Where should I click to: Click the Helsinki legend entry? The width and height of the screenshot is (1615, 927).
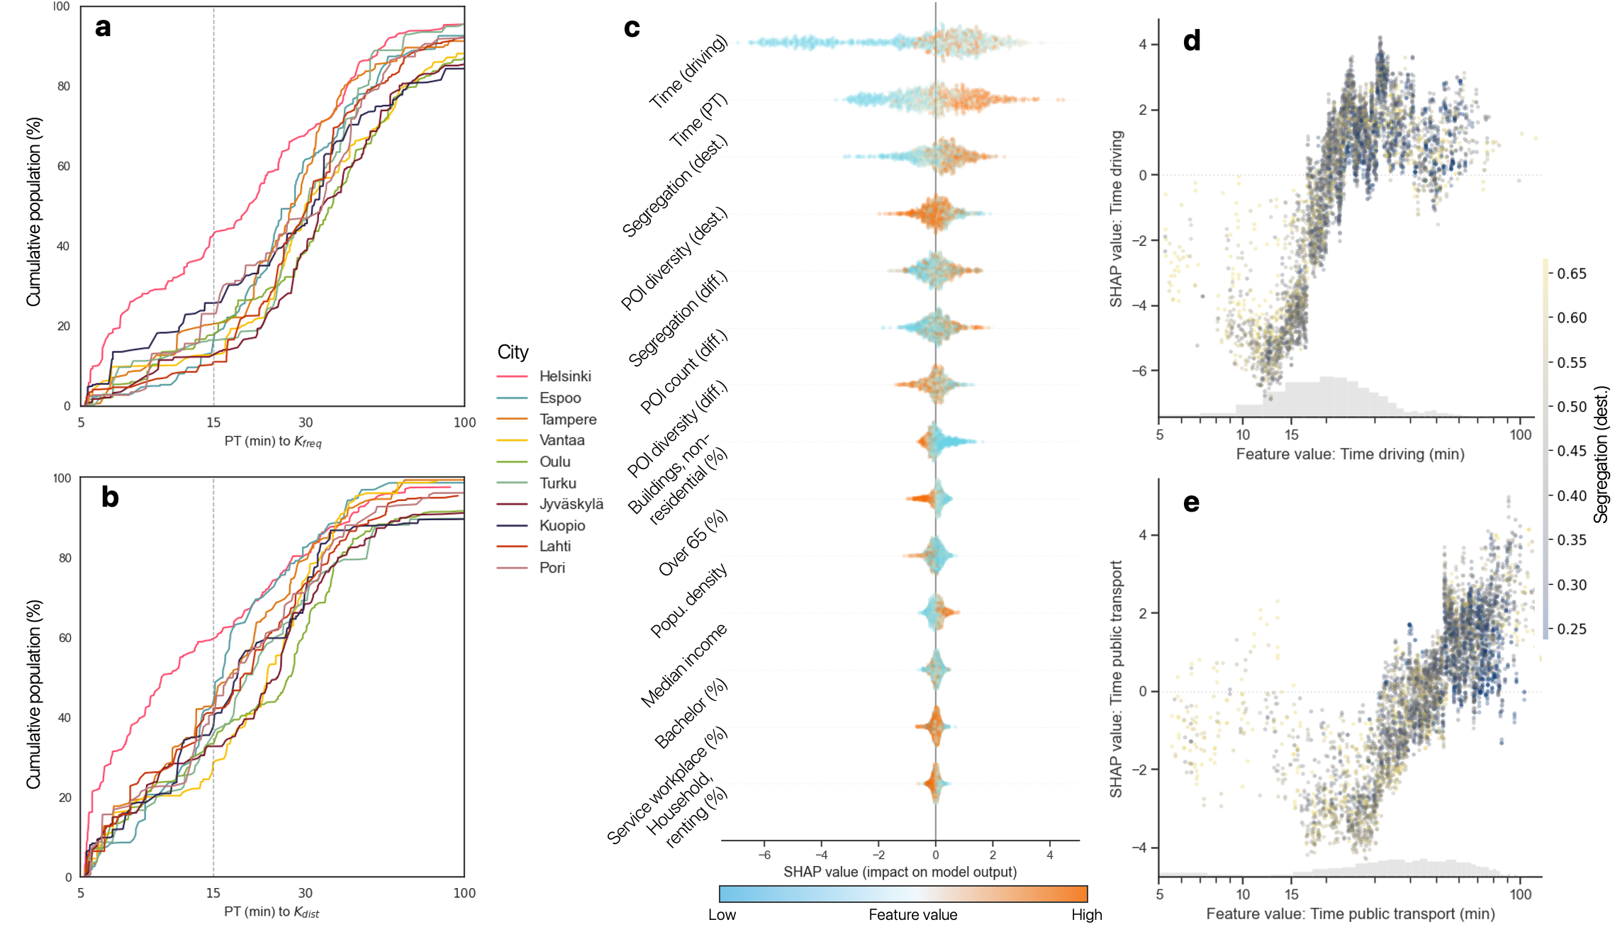[x=564, y=376]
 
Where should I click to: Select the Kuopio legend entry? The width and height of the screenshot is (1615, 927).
[x=561, y=525]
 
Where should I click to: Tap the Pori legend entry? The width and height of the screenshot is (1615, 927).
[x=552, y=568]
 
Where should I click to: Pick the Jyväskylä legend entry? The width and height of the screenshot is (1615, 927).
[x=571, y=504]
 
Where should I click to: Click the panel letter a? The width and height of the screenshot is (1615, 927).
[x=103, y=27]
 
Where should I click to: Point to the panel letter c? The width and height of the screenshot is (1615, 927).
[x=632, y=28]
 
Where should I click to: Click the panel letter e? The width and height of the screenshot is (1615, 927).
[x=1191, y=502]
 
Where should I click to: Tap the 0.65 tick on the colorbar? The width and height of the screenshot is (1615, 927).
[x=1571, y=274]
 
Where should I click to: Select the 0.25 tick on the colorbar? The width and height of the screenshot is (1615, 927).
[x=1571, y=629]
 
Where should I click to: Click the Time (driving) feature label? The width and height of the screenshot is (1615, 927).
[x=688, y=72]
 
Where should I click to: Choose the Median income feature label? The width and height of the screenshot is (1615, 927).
[x=683, y=665]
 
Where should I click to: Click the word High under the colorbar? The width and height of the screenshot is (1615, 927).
[x=1086, y=914]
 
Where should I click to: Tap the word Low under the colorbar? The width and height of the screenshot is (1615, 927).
[x=722, y=914]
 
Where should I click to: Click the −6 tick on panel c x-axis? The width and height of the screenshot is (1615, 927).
[x=764, y=855]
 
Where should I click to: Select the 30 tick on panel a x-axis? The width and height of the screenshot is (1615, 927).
[x=305, y=422]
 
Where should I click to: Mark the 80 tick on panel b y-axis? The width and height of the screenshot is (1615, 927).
[x=65, y=558]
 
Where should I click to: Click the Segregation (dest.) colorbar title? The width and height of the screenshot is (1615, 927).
[x=1601, y=454]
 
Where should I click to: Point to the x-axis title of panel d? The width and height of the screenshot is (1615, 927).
[x=1350, y=454]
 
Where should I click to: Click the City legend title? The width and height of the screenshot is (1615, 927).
[x=513, y=352]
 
